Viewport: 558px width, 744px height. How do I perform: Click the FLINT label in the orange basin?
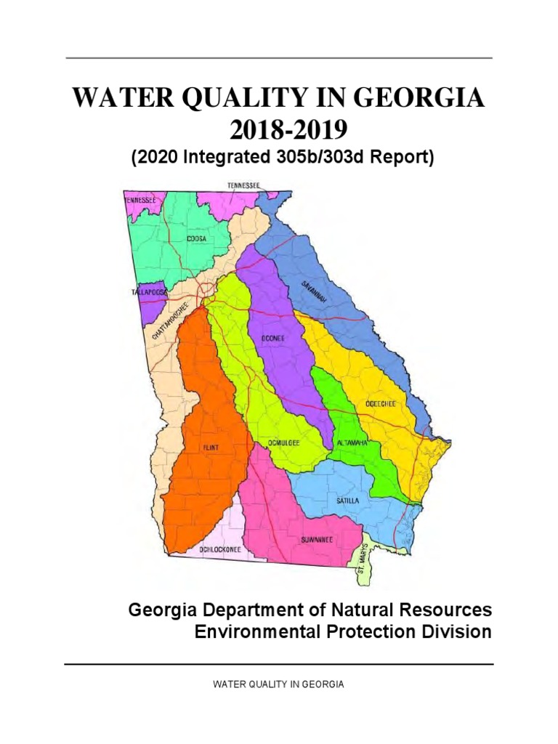[x=211, y=448]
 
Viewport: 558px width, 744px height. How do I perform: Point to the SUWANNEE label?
[x=317, y=540]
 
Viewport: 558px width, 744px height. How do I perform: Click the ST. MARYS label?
[x=363, y=562]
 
